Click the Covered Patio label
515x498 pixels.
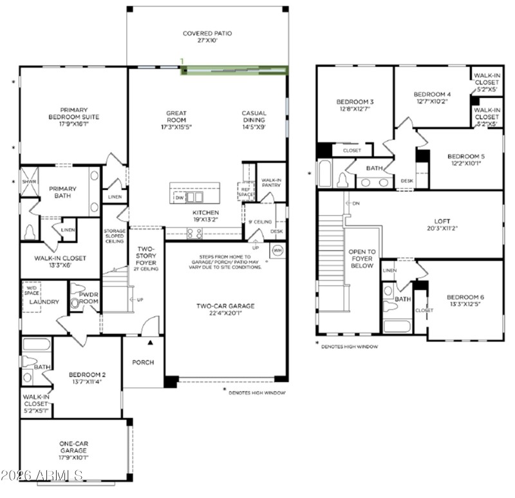coord(207,34)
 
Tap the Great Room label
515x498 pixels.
coord(176,117)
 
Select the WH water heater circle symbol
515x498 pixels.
coord(277,250)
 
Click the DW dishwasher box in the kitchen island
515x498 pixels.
coord(180,198)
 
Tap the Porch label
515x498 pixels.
coord(143,362)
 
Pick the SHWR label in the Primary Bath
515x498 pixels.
coord(28,182)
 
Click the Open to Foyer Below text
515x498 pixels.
coord(361,258)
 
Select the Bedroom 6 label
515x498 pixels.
coord(466,297)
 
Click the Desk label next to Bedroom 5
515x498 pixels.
coord(406,181)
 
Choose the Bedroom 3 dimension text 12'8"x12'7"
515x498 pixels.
coord(354,110)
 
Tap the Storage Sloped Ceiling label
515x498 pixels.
coord(114,236)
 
